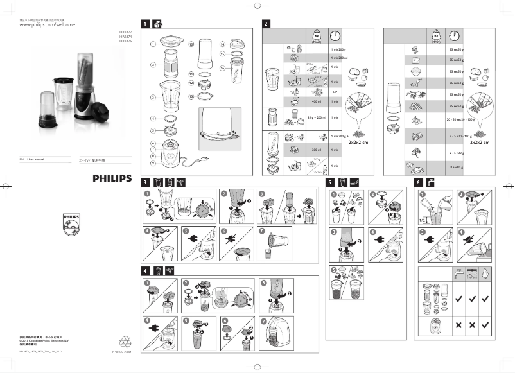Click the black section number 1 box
click(145, 24)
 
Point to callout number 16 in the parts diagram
click(222, 68)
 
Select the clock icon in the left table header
click(335, 35)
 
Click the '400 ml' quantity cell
click(316, 101)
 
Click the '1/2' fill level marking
click(421, 220)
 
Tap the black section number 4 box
click(145, 270)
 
